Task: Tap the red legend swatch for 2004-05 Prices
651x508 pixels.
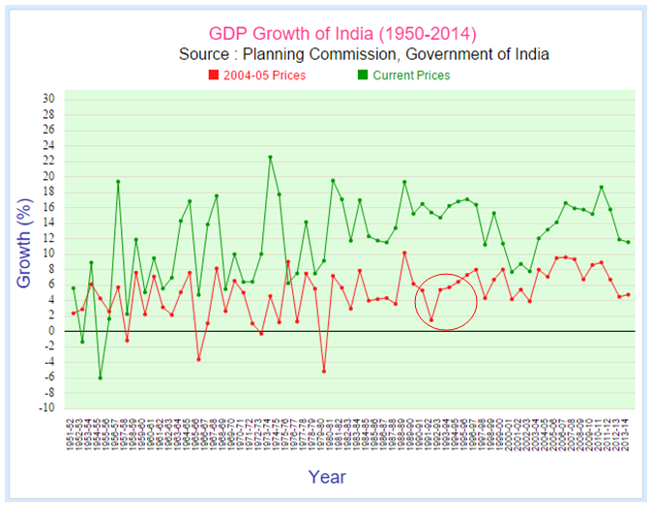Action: pos(214,75)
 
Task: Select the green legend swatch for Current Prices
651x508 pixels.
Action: pos(363,75)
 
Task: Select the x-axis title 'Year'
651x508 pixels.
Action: pos(327,476)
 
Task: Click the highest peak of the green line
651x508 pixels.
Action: pos(270,157)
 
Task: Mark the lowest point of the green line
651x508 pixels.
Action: pos(100,377)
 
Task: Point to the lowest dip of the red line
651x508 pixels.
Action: pos(324,371)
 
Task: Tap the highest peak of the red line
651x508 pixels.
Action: pos(404,253)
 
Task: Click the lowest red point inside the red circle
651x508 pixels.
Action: pos(431,320)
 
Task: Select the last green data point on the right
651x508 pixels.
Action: pos(628,242)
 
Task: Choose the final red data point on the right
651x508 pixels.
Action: pos(628,295)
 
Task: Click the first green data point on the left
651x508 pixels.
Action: pos(74,287)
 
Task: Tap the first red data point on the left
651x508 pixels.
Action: pos(74,313)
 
